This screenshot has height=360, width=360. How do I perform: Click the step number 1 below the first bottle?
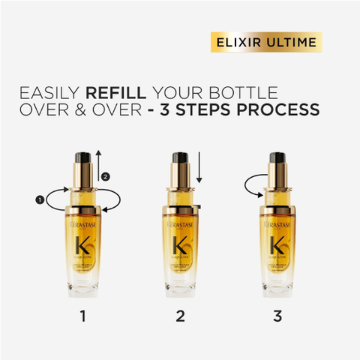(82, 316)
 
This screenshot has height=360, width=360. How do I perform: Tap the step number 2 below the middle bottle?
(180, 316)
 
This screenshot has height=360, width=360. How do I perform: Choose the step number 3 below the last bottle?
(278, 316)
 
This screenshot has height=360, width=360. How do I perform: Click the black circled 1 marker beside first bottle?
(38, 199)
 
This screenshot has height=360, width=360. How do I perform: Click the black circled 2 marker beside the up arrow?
(106, 177)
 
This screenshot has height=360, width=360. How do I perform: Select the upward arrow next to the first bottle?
(97, 169)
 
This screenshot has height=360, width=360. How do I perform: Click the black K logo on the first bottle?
(82, 246)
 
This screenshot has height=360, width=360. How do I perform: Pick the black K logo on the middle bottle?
(180, 246)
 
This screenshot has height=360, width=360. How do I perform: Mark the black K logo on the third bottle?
(278, 246)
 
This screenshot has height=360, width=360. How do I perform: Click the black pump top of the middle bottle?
(180, 158)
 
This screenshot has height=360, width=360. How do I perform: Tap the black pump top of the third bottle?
(278, 158)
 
